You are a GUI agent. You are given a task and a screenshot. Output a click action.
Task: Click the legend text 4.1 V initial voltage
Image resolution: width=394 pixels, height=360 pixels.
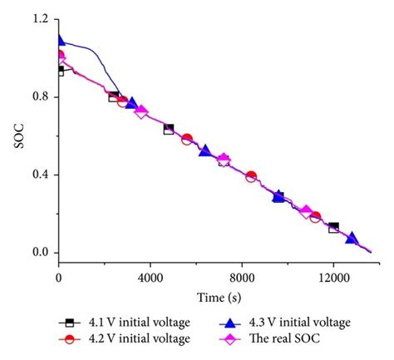click(x=138, y=323)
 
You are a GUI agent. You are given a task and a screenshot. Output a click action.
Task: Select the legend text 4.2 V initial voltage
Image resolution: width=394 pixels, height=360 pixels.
click(x=138, y=338)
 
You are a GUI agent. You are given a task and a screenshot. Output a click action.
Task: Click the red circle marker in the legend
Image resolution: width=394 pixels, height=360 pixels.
click(x=70, y=338)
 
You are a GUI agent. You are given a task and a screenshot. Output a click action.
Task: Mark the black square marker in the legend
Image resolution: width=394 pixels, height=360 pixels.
click(x=70, y=323)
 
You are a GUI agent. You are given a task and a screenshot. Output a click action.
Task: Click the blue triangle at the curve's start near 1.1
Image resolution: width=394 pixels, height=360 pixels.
click(x=60, y=39)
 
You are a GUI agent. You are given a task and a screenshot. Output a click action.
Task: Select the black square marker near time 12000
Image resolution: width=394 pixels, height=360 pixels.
click(x=333, y=227)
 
